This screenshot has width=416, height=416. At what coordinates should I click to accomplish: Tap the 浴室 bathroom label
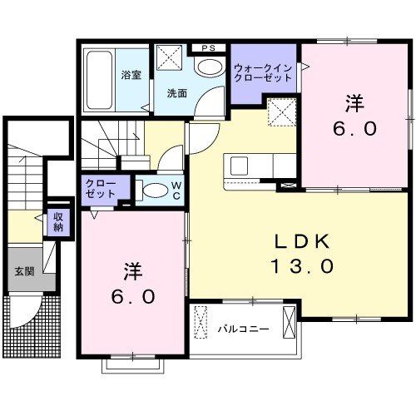click(131, 75)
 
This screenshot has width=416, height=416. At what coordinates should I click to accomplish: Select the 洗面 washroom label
click(175, 93)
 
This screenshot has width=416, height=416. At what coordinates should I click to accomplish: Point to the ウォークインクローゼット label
click(263, 72)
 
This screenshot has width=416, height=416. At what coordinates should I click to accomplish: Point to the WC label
click(177, 191)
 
